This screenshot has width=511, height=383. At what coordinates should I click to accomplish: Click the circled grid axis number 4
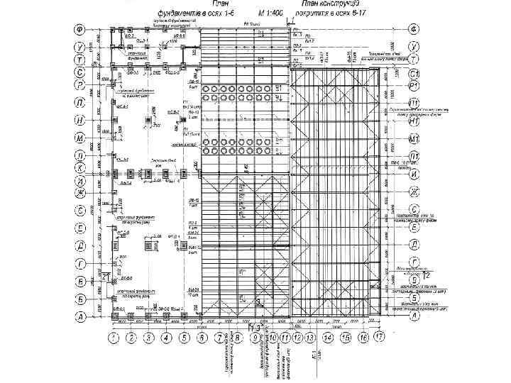[x=166, y=337]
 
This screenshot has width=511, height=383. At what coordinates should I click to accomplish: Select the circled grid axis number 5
[x=184, y=337]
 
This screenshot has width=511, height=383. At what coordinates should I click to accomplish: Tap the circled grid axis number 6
[x=202, y=337]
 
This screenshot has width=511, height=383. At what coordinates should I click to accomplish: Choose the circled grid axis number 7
[x=219, y=337]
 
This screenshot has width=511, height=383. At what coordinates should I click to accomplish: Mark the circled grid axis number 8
[x=238, y=337]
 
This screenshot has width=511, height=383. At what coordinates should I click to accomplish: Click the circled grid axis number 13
[x=309, y=337]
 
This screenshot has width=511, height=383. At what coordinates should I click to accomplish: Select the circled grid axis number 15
[x=346, y=337]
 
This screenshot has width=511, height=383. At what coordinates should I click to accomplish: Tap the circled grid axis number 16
[x=363, y=337]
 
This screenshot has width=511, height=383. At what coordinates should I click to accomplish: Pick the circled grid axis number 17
[x=381, y=337]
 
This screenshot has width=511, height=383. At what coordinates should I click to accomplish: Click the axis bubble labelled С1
[x=414, y=73]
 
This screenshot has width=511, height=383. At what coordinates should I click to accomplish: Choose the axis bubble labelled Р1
[x=414, y=87]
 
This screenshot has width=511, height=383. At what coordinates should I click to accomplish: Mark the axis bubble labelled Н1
[x=414, y=121]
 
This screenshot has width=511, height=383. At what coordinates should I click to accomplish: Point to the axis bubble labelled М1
[x=414, y=138]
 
